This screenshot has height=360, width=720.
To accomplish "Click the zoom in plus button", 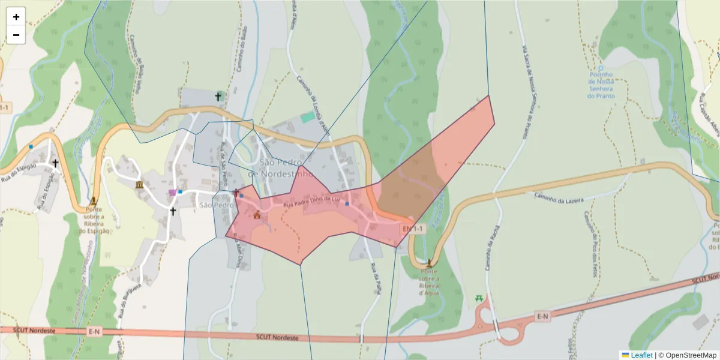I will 16,17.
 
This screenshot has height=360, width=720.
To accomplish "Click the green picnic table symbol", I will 479,298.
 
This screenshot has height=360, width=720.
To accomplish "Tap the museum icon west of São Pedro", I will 140,184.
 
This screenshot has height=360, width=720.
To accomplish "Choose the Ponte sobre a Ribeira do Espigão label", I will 94,220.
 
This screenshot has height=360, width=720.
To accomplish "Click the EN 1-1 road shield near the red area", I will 412,229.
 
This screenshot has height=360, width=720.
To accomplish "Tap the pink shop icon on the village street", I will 173,193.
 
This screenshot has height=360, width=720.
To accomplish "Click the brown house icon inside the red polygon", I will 257,215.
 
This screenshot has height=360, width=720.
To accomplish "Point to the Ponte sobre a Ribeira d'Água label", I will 430,282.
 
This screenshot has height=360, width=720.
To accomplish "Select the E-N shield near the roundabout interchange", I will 542,316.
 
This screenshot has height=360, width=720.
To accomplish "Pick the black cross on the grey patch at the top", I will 218,96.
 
